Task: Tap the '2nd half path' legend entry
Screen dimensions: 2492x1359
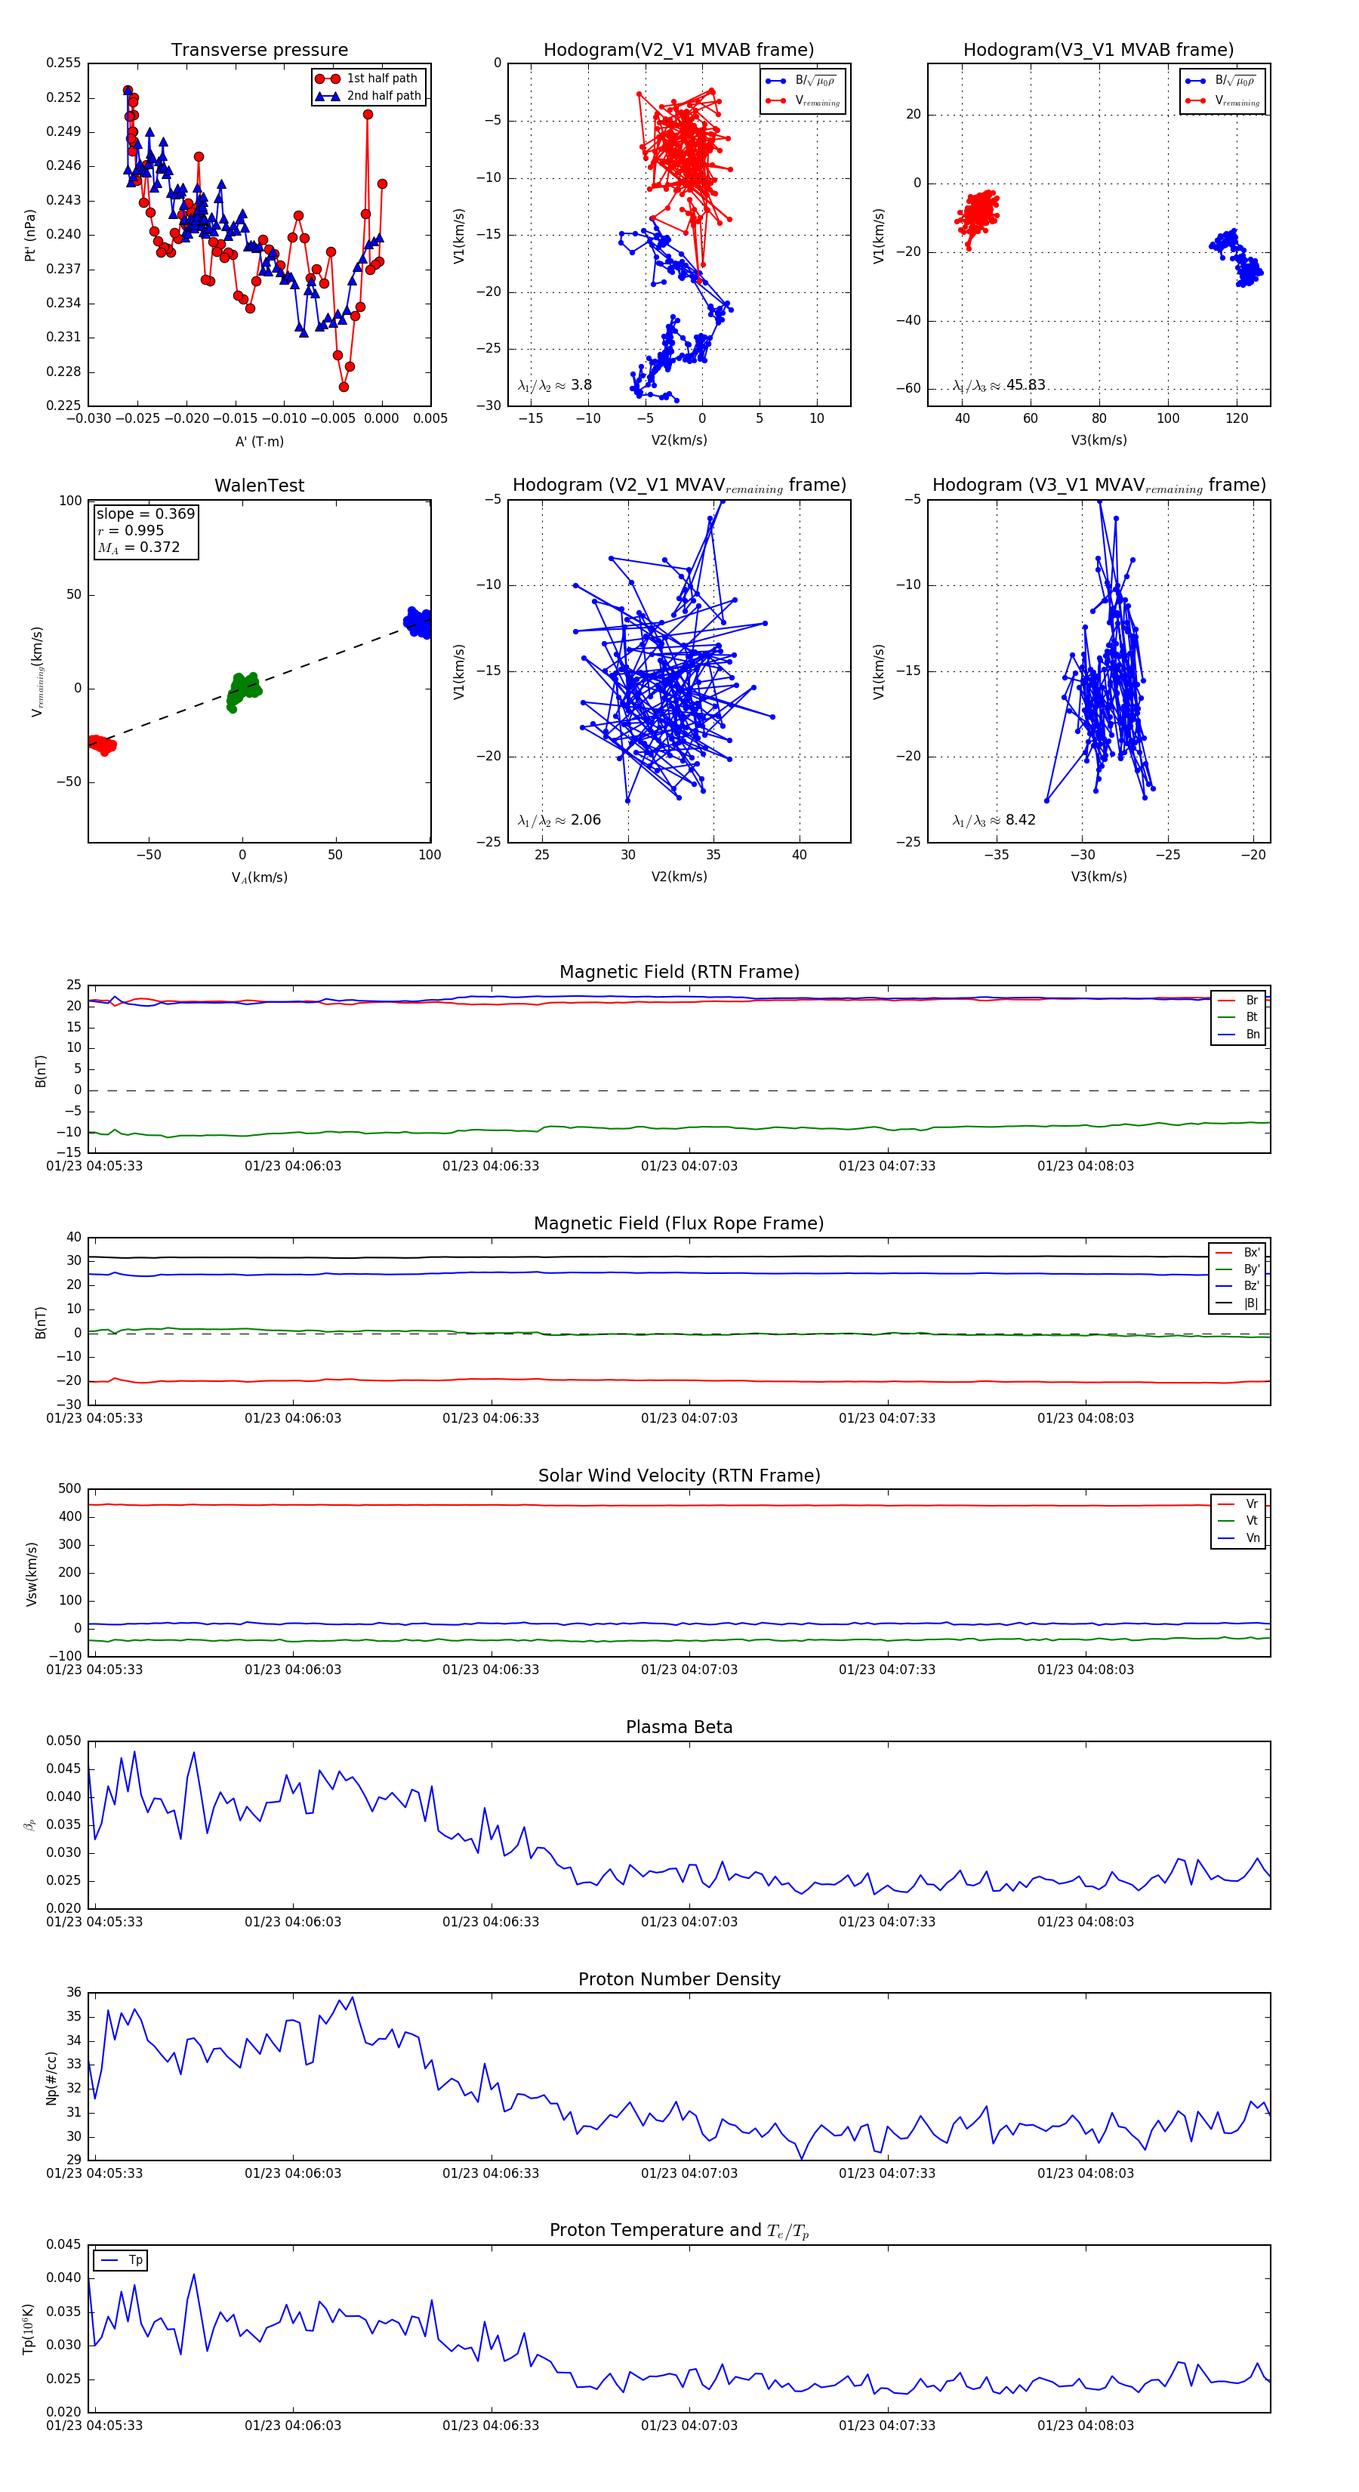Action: (x=383, y=96)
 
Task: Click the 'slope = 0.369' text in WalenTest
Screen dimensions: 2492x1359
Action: (x=145, y=514)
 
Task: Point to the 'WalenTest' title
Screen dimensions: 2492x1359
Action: (x=259, y=486)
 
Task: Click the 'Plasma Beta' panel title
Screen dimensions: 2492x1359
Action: (x=679, y=1727)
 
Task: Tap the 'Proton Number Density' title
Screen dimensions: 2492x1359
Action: (x=679, y=1978)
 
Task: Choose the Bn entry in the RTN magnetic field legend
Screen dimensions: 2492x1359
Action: (x=1252, y=1034)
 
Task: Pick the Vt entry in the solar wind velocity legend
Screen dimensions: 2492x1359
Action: (x=1252, y=1521)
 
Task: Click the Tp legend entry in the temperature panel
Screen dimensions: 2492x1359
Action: (x=134, y=2260)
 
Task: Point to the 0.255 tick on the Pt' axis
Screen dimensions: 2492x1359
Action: (x=64, y=63)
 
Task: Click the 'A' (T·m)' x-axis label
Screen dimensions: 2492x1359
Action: (x=259, y=442)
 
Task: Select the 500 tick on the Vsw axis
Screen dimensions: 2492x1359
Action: (x=69, y=1489)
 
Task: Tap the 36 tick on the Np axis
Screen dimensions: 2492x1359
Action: (x=73, y=1992)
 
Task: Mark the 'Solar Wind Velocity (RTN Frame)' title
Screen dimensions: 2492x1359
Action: (x=679, y=1476)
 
